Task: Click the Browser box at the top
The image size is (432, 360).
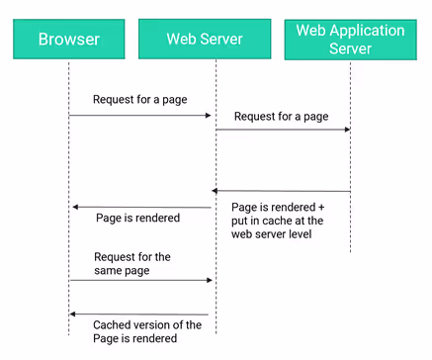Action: click(x=68, y=40)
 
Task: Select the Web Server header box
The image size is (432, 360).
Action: click(x=216, y=40)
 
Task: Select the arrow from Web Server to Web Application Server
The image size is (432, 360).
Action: click(x=283, y=130)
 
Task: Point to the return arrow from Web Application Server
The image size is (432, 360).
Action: click(x=282, y=191)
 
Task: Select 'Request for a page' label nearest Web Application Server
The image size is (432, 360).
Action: click(x=281, y=116)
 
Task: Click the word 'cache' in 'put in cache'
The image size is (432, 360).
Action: click(x=283, y=222)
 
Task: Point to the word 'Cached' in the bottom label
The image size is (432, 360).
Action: click(x=114, y=324)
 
